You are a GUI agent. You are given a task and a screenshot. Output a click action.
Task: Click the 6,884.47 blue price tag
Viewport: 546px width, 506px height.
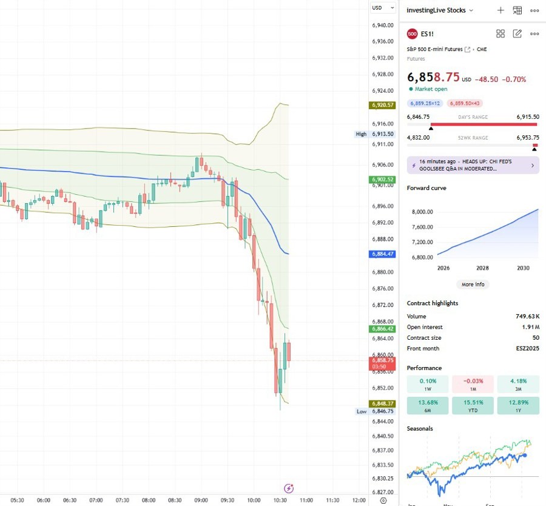click(382, 254)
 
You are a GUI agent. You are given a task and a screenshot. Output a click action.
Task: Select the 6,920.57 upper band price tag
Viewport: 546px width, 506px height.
click(382, 105)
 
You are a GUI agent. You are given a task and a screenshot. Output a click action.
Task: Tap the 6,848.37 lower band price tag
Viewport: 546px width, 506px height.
click(382, 403)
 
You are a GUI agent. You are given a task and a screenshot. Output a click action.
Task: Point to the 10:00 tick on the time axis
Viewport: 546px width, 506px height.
click(254, 501)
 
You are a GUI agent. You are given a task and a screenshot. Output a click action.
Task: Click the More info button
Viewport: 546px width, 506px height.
click(473, 284)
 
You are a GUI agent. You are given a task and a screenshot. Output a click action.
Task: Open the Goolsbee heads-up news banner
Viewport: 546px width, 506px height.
click(473, 165)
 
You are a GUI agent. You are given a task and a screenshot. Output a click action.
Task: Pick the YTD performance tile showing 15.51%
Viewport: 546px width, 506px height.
click(473, 406)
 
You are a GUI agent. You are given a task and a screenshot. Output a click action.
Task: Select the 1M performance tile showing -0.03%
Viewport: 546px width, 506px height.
click(473, 384)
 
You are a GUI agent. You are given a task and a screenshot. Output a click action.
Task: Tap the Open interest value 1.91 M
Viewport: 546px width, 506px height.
click(528, 327)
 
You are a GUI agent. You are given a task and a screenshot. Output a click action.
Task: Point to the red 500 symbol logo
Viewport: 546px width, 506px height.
click(413, 34)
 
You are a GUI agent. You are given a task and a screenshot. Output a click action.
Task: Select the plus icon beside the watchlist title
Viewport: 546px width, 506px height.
click(500, 10)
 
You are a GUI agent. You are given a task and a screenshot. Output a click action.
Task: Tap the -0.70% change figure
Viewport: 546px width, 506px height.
click(515, 79)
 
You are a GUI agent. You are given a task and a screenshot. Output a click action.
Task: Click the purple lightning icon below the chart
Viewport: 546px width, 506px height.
click(289, 488)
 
